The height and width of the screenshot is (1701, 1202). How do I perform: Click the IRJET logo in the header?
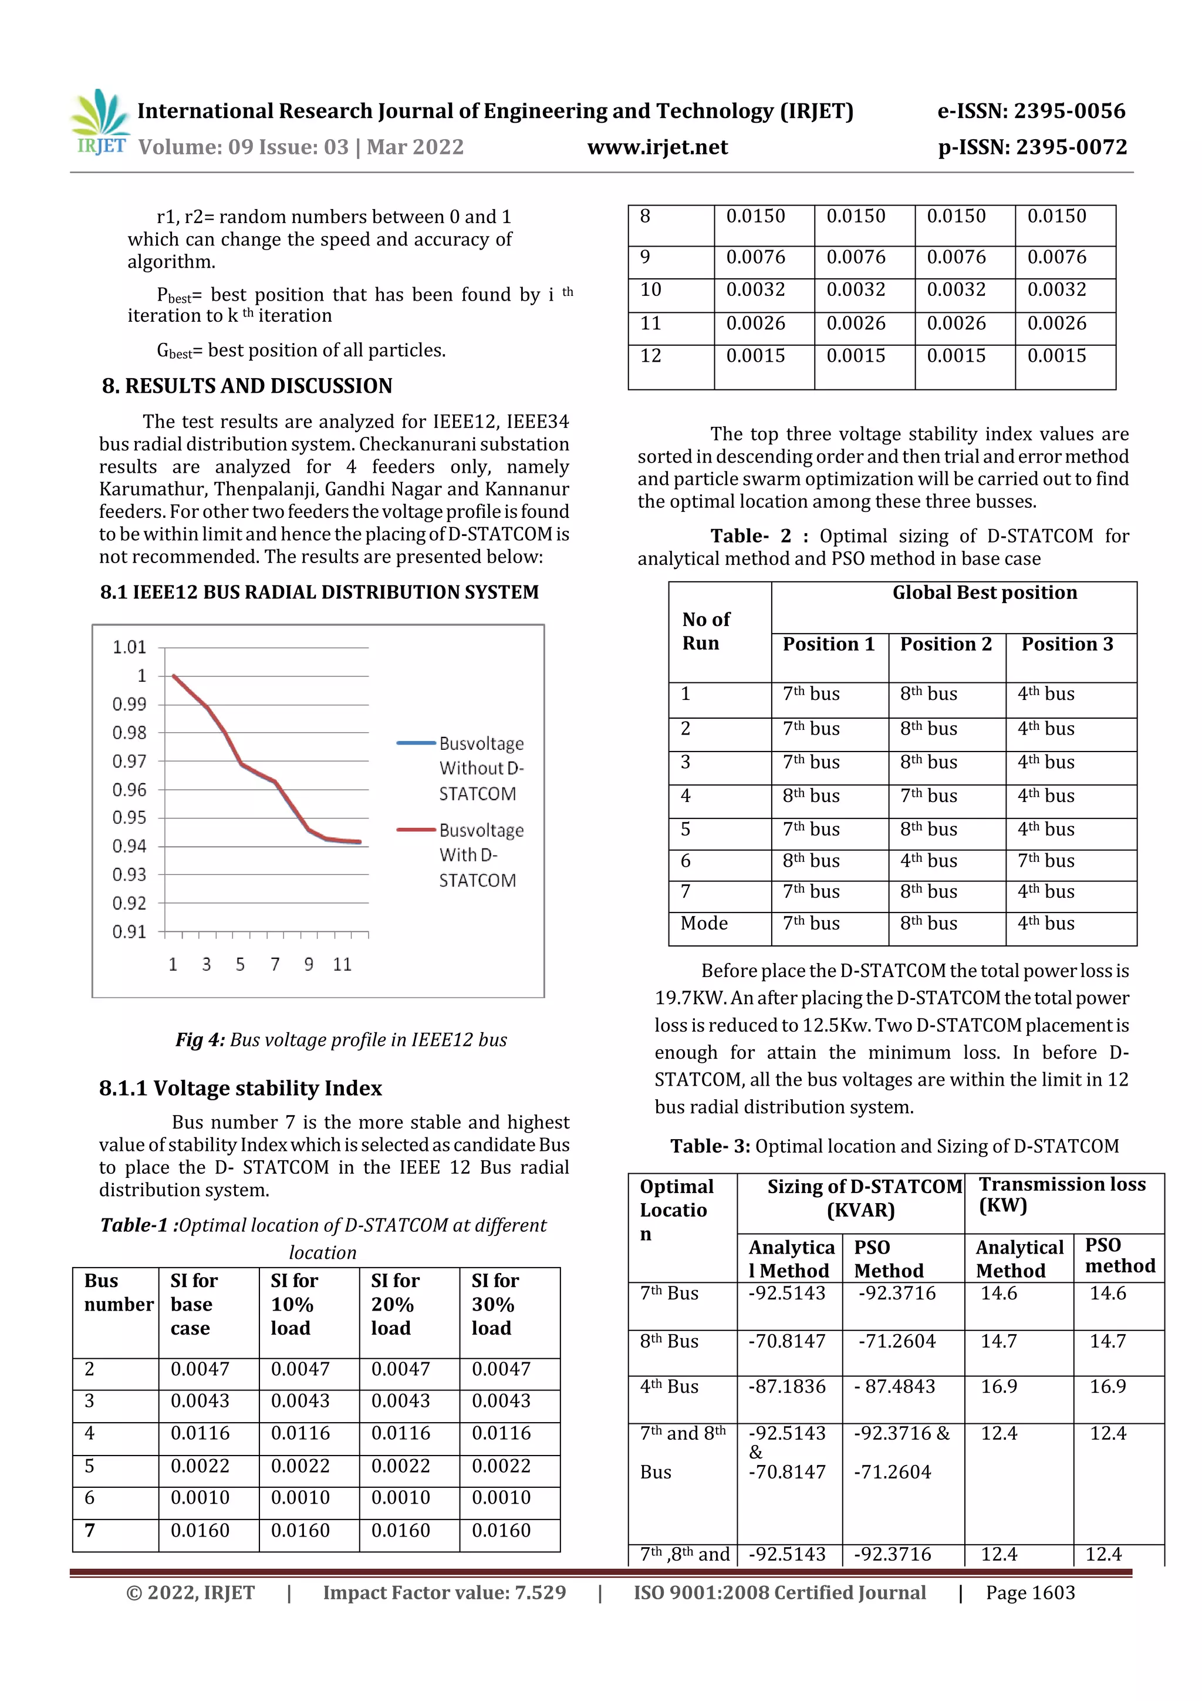[100, 122]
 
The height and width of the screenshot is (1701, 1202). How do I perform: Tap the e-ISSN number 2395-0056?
[1069, 111]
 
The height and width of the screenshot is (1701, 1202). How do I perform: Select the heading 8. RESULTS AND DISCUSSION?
[247, 386]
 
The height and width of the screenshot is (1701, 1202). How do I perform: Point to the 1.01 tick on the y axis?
[130, 648]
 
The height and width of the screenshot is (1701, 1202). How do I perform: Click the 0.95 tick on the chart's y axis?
[130, 818]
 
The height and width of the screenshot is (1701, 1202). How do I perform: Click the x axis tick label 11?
[342, 965]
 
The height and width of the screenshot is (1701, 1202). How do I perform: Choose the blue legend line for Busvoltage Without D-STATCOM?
[416, 742]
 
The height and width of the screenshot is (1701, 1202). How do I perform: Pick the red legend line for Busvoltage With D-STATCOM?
[416, 829]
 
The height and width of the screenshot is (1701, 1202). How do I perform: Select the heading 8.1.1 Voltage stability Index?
[240, 1089]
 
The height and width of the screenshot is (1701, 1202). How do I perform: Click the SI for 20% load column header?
[396, 1305]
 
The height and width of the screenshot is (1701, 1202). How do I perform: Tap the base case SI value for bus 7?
[200, 1531]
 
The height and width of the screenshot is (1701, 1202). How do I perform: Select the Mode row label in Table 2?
[704, 924]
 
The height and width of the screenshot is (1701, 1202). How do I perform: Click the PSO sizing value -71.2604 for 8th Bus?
[897, 1342]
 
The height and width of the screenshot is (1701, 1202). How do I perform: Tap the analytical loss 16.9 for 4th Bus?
[998, 1387]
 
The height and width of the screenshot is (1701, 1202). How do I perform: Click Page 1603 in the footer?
[1029, 1593]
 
